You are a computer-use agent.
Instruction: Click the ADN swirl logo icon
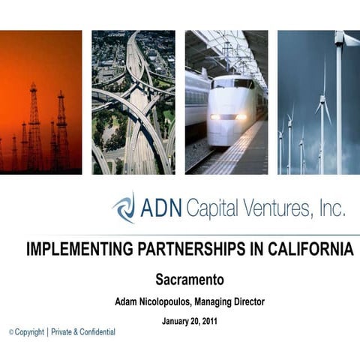(x=124, y=208)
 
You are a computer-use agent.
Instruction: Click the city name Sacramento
(x=190, y=280)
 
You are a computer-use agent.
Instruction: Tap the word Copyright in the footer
(x=30, y=331)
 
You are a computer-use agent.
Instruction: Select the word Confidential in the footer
(x=93, y=331)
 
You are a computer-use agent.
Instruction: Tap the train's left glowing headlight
(x=216, y=117)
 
